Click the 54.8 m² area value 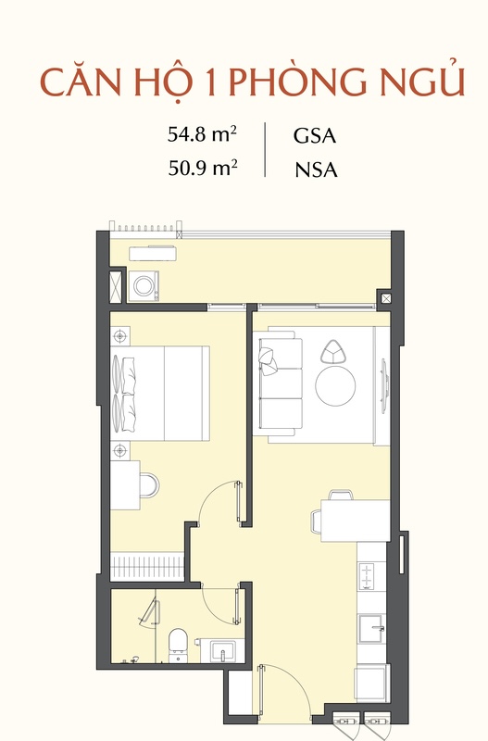click(202, 134)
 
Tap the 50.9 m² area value click(203, 168)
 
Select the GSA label click(315, 135)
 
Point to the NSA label click(316, 170)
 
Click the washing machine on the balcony click(144, 285)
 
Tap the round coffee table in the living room click(335, 385)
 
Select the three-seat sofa click(278, 383)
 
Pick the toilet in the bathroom click(178, 644)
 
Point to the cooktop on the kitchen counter click(367, 576)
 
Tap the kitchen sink click(372, 629)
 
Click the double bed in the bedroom click(160, 393)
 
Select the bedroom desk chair click(150, 484)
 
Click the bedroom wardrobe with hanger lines click(147, 567)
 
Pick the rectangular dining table click(356, 521)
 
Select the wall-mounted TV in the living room click(384, 385)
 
